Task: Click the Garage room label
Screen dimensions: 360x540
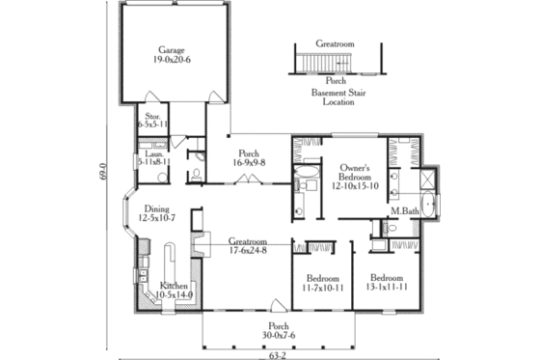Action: click(174, 50)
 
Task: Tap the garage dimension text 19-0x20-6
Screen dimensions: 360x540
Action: click(174, 60)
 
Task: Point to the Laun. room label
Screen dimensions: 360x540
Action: click(151, 152)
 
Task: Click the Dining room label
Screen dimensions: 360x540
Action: click(156, 208)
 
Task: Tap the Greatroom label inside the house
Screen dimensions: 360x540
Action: click(249, 240)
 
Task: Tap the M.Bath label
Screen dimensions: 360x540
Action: click(404, 210)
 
